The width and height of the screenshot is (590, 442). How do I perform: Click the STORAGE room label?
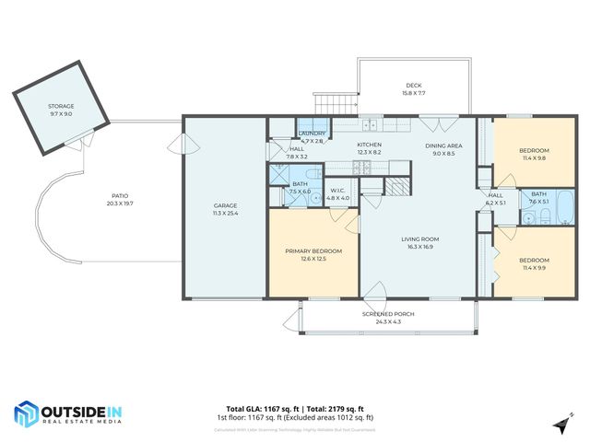pos(61,107)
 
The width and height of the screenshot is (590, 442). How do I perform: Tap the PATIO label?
pos(120,195)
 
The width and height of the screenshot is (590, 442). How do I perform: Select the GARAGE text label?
pos(226,205)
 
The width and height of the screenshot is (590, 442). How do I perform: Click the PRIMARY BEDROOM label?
pos(313,251)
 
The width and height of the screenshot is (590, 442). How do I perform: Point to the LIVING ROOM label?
pos(419,239)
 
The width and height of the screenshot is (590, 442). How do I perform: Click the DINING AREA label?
pos(443,146)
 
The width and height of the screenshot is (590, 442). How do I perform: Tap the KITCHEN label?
pos(370,145)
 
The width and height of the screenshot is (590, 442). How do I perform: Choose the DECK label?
pos(413,86)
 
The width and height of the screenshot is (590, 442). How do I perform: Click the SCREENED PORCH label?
pos(387,314)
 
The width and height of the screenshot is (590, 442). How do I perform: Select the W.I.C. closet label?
pos(339,191)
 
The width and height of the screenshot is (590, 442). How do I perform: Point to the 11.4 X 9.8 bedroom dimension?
pos(534,158)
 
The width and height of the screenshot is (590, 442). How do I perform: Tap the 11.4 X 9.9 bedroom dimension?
pos(534,268)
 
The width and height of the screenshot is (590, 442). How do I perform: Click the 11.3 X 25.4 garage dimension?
pos(226,213)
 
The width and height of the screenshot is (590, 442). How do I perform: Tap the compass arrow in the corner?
pos(559,423)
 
